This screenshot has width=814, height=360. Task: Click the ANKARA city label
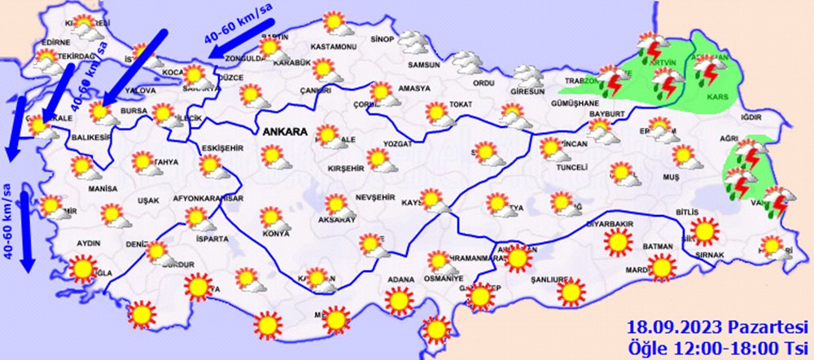(284, 131)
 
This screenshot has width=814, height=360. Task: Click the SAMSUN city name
(424, 66)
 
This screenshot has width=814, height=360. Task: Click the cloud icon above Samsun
(414, 42)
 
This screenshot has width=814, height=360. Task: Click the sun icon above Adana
(399, 301)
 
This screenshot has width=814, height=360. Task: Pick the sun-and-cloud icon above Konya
(272, 217)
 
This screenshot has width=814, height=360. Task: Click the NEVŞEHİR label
(375, 198)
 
